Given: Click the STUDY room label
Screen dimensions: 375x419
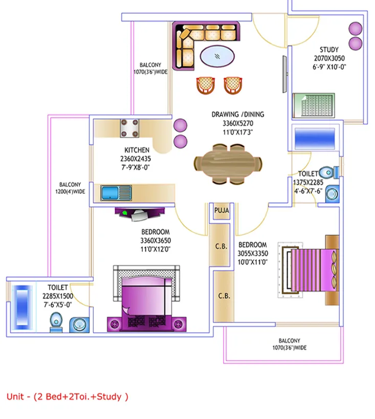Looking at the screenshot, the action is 329,50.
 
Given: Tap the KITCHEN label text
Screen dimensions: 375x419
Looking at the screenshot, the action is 137,150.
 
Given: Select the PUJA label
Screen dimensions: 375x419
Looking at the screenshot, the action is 222,211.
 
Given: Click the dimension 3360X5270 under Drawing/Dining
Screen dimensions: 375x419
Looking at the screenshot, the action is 238,123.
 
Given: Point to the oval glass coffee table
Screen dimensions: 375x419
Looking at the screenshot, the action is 217,56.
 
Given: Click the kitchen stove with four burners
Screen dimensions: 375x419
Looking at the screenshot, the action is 129,128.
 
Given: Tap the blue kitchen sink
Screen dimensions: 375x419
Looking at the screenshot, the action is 116,193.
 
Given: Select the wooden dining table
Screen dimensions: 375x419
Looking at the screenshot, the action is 228,164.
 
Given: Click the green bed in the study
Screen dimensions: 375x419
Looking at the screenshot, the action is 314,105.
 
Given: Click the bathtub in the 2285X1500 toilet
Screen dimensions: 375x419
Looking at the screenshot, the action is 22,307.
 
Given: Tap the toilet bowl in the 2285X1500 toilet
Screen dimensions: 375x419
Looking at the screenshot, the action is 56,322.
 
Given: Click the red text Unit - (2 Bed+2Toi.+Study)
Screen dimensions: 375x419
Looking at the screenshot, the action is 68,396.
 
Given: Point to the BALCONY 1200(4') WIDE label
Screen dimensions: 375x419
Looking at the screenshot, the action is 70,188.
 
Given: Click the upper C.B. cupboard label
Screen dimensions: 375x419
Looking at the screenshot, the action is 222,247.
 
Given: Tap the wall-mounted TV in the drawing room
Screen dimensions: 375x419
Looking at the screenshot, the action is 285,74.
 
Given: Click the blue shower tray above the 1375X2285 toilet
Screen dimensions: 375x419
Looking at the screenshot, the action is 315,138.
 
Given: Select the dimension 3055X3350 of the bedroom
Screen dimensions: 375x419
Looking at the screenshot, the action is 253,253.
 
